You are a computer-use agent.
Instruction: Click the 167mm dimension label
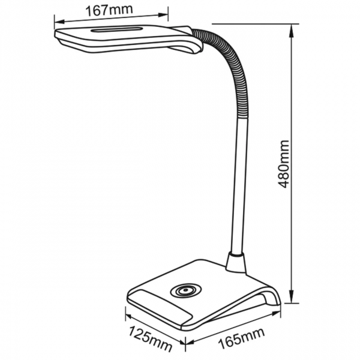coord(109,10)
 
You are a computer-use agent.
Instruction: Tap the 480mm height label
coord(283,164)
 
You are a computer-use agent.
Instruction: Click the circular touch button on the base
coord(185,291)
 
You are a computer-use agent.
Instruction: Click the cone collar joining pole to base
coord(236,262)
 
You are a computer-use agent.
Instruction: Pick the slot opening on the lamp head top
coord(116,29)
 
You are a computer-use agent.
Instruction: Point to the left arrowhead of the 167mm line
coord(60,22)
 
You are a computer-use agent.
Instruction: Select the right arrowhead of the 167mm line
coord(163,15)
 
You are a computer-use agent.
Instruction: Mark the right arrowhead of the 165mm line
coord(275,313)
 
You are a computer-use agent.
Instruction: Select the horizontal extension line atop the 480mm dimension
coord(256,23)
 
